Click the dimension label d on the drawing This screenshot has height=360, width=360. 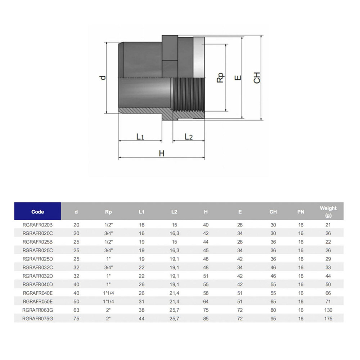[103, 77]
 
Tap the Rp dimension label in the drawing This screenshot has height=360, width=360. [220, 78]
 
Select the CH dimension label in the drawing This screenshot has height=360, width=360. [257, 78]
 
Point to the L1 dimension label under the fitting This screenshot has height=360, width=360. [140, 137]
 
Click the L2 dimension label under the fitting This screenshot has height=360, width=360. [189, 137]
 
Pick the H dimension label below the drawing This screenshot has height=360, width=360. [162, 153]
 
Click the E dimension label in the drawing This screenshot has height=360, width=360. [238, 78]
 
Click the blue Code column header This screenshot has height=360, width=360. [37, 212]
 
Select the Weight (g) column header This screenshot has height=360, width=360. [328, 212]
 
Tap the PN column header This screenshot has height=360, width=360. [301, 212]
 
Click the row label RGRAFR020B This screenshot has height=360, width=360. [37, 225]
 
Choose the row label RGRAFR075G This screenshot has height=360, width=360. [37, 319]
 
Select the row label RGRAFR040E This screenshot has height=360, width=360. [37, 293]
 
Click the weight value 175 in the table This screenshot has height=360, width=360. [328, 319]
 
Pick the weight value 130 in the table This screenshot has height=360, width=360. [328, 310]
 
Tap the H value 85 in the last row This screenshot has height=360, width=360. [206, 319]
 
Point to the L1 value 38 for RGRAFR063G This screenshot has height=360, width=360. [141, 310]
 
